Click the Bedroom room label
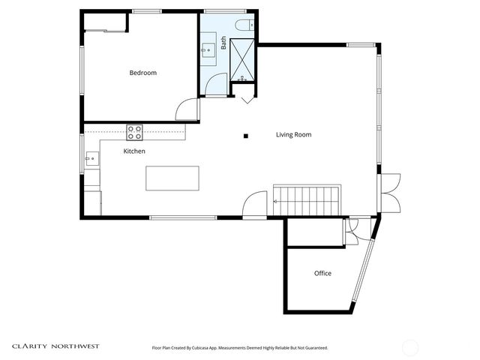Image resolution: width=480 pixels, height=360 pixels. pyautogui.click(x=142, y=73)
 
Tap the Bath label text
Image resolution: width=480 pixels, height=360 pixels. pyautogui.click(x=223, y=43)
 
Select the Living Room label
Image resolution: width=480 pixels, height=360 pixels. pyautogui.click(x=293, y=135)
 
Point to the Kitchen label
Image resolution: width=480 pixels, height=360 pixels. pyautogui.click(x=134, y=151)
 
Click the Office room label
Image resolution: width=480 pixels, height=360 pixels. pyautogui.click(x=322, y=273)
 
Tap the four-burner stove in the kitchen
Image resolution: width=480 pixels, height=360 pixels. pyautogui.click(x=134, y=133)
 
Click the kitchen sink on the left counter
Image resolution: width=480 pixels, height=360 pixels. pyautogui.click(x=91, y=158)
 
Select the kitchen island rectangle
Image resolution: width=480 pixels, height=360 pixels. pyautogui.click(x=172, y=179)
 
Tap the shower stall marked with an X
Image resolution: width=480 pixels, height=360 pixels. pyautogui.click(x=242, y=59)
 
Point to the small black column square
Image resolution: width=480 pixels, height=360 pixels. pyautogui.click(x=245, y=136)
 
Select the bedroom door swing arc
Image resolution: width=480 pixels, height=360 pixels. pyautogui.click(x=187, y=110)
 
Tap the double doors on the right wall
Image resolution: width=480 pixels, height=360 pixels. pyautogui.click(x=389, y=193)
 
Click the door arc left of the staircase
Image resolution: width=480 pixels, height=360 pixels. pyautogui.click(x=256, y=203)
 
